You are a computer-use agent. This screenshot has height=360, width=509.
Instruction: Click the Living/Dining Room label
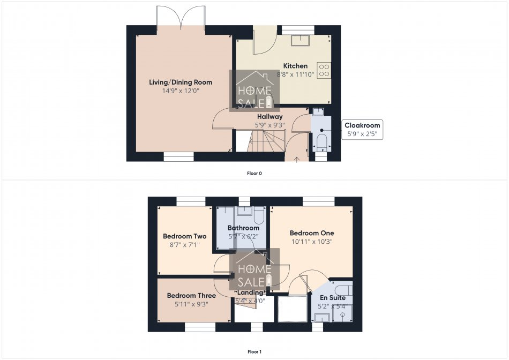point(181,82)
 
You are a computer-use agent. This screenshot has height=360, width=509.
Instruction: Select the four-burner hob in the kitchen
point(324,70)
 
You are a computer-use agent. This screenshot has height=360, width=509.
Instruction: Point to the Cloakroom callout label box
point(363,129)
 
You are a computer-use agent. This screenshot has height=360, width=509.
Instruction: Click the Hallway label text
point(270,116)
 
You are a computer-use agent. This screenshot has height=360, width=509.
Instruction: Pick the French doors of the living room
point(181,17)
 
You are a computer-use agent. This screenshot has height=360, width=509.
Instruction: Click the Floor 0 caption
point(254,173)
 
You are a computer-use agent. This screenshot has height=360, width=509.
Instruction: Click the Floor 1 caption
point(254,352)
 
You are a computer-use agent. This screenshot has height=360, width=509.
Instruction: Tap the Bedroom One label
point(312,233)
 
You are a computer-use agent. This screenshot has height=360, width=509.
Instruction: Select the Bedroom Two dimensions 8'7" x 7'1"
point(184,245)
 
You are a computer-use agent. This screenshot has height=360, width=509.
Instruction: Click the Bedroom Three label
point(191,295)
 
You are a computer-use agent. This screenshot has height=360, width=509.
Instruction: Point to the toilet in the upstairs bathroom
point(258,216)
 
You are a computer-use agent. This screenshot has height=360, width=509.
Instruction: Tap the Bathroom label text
point(243,228)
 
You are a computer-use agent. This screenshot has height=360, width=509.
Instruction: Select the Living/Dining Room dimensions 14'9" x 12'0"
point(180,91)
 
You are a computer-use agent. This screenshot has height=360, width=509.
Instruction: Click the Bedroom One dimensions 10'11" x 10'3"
point(311,242)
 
